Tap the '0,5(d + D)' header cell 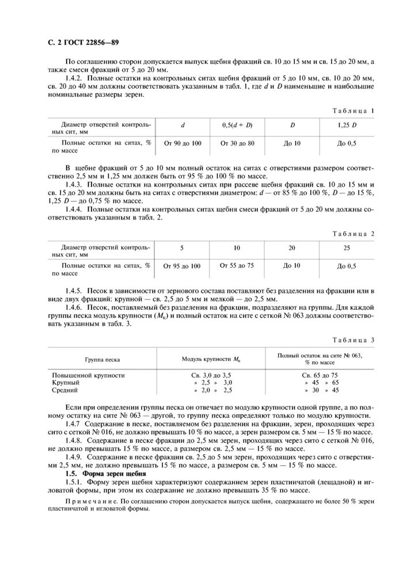[x=237, y=125]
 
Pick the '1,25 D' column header [x=347, y=125]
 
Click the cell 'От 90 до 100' [x=183, y=143]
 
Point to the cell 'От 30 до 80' [x=237, y=143]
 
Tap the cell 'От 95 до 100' [x=183, y=266]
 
